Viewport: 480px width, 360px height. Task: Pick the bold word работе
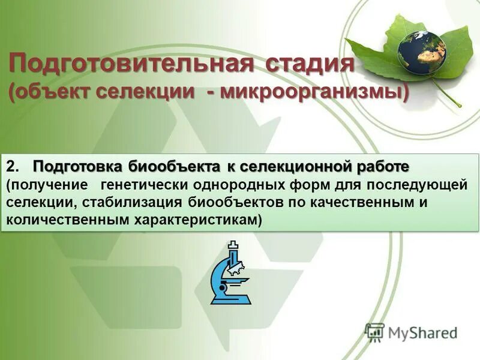click(x=381, y=166)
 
